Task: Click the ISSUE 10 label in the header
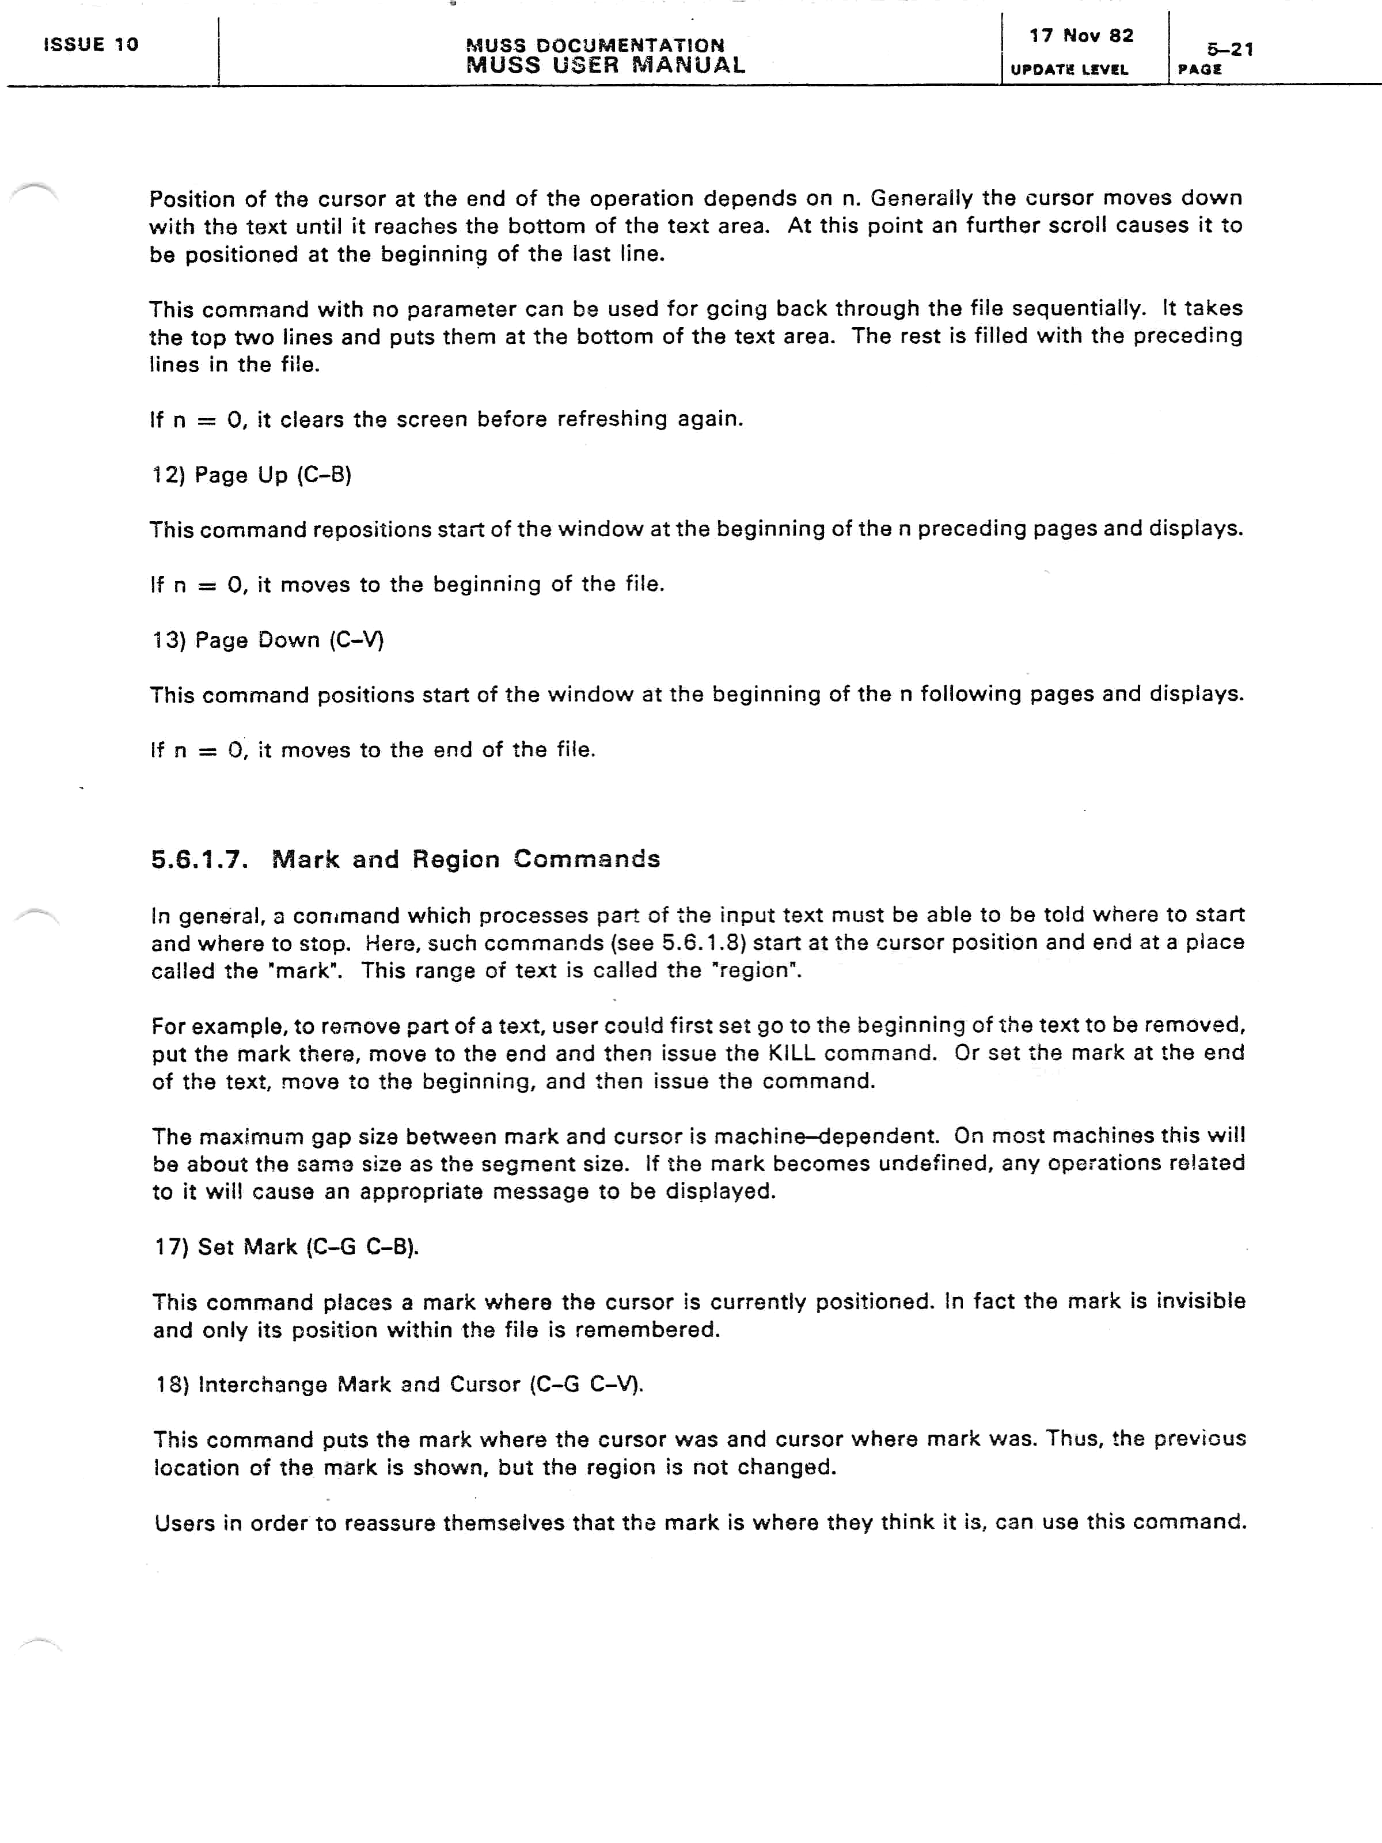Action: pyautogui.click(x=91, y=45)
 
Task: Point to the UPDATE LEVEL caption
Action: pyautogui.click(x=1069, y=70)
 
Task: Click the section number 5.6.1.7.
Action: pyautogui.click(x=200, y=860)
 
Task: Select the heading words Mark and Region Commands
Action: pyautogui.click(x=466, y=859)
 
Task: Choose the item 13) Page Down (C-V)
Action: pyautogui.click(x=267, y=640)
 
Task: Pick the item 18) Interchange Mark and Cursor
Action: pyautogui.click(x=399, y=1385)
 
